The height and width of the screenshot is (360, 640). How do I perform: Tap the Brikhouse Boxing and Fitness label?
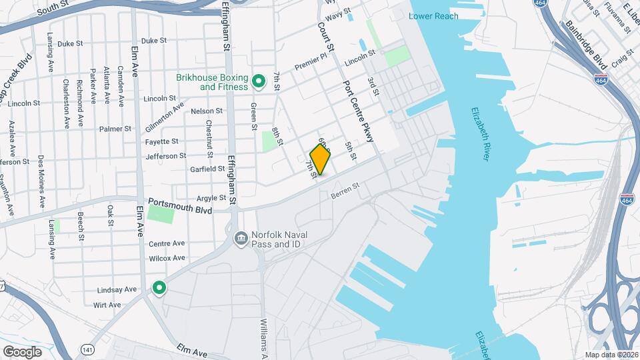click(x=212, y=83)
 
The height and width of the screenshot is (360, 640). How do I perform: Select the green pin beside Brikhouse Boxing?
click(x=259, y=82)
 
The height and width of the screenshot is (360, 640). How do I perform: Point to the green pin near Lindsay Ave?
click(x=159, y=287)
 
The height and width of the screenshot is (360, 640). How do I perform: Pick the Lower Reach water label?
click(x=433, y=16)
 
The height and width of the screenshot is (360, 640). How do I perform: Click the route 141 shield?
click(x=87, y=349)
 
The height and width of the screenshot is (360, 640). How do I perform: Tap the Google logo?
click(x=22, y=351)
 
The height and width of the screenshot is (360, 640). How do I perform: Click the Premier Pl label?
click(x=311, y=66)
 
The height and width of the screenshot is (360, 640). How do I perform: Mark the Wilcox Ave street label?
click(x=167, y=258)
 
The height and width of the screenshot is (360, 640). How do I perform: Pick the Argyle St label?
click(x=211, y=198)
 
